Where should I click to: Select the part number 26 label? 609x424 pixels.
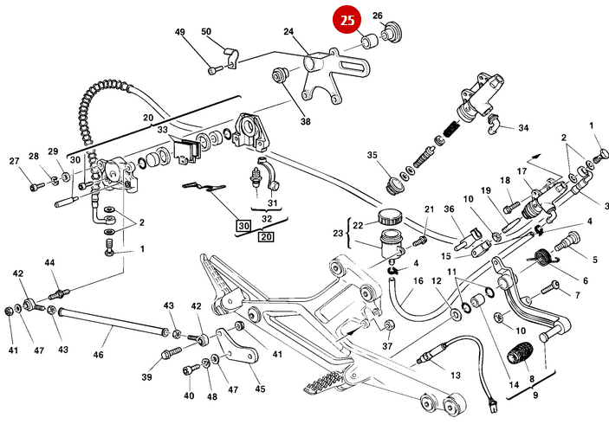coord(378,16)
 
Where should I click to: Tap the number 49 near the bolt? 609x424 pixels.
coord(180,33)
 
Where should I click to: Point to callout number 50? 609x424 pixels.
coord(206,32)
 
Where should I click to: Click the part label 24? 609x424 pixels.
coord(289,32)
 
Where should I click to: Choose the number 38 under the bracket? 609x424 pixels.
coord(305,122)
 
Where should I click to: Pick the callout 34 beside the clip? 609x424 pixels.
coord(522,128)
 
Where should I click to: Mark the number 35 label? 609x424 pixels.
coord(373,156)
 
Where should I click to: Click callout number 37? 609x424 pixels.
coord(387,347)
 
